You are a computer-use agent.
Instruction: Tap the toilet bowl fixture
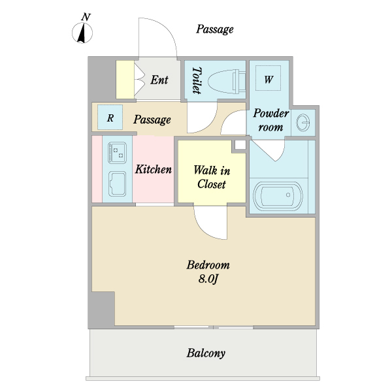[x=227, y=81]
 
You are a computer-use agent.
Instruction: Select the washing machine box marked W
[x=268, y=78]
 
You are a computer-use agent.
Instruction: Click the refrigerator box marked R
[x=110, y=118]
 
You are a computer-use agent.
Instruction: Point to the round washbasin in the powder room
[x=302, y=122]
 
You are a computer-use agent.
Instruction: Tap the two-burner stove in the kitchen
[x=117, y=153]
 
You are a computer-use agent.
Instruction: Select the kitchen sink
[x=117, y=184]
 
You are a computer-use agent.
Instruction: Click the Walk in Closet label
[x=212, y=177]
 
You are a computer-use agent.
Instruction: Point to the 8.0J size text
[x=208, y=279]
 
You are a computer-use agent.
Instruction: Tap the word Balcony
[x=206, y=353]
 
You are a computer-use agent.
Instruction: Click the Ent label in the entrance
[x=159, y=80]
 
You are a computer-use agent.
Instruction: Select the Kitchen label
[x=154, y=169]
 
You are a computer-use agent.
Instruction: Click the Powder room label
[x=271, y=120]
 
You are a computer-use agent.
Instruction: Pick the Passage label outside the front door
[x=215, y=29]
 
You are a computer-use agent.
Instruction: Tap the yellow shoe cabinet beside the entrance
[x=125, y=80]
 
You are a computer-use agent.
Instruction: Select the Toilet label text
[x=197, y=80]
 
